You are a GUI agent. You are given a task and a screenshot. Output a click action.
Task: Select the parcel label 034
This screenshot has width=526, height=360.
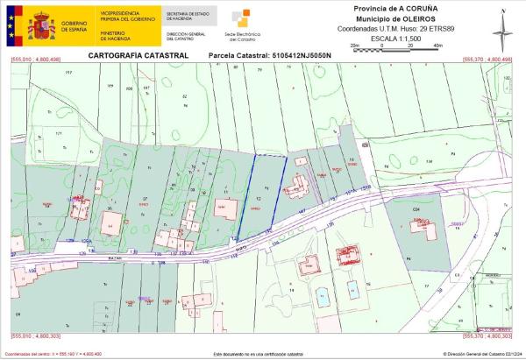tap(417, 211)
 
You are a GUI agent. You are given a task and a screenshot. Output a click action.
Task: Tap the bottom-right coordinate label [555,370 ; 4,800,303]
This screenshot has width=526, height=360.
tap(487, 336)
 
